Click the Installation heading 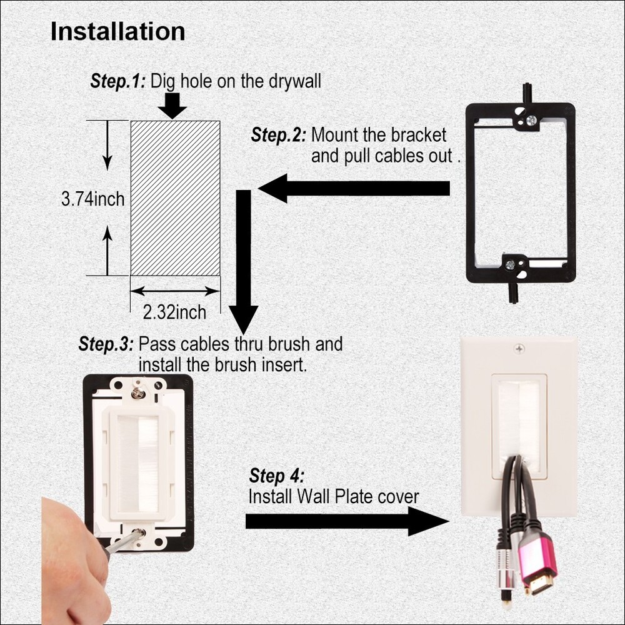click(117, 31)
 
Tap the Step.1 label click(118, 81)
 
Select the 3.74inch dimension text click(93, 199)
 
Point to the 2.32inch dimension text click(175, 311)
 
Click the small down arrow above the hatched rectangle click(172, 106)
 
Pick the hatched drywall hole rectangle click(175, 197)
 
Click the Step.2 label click(279, 134)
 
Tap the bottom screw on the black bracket click(511, 265)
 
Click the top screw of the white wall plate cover click(519, 348)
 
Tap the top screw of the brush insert click(137, 392)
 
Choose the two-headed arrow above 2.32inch click(175, 291)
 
